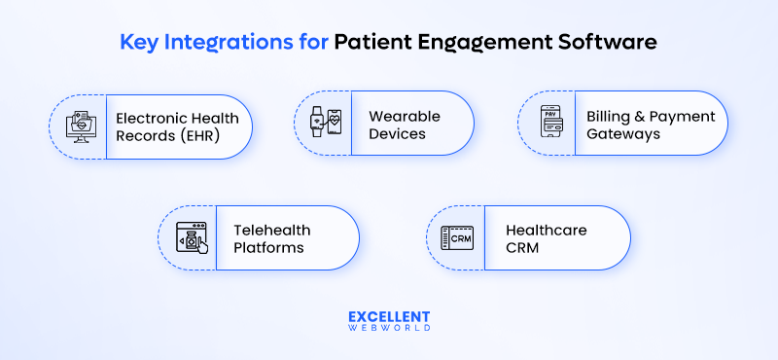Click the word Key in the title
pyautogui.click(x=138, y=42)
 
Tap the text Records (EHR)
pyautogui.click(x=166, y=135)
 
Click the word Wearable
pyautogui.click(x=404, y=116)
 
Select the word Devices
pyautogui.click(x=397, y=133)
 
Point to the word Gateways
pyautogui.click(x=623, y=134)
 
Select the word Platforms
pyautogui.click(x=268, y=247)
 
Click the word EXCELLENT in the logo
pyautogui.click(x=388, y=317)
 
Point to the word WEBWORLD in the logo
pyautogui.click(x=388, y=331)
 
